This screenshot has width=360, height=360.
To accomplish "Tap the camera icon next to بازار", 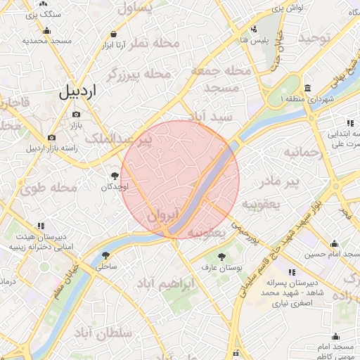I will click(x=76, y=114).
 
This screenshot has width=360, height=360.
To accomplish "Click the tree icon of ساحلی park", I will click(x=105, y=256).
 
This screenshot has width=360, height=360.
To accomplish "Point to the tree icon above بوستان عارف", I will click(x=221, y=257).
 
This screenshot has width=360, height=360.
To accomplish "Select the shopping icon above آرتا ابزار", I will click(x=114, y=34).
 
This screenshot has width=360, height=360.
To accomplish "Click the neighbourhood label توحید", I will click(x=314, y=38).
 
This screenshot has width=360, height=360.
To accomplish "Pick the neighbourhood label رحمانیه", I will click(x=303, y=153).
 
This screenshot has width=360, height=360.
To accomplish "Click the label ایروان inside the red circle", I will click(x=162, y=215).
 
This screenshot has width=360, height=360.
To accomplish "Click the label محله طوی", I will click(x=49, y=188).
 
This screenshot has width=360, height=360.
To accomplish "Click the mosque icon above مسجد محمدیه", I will click(x=46, y=30).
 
